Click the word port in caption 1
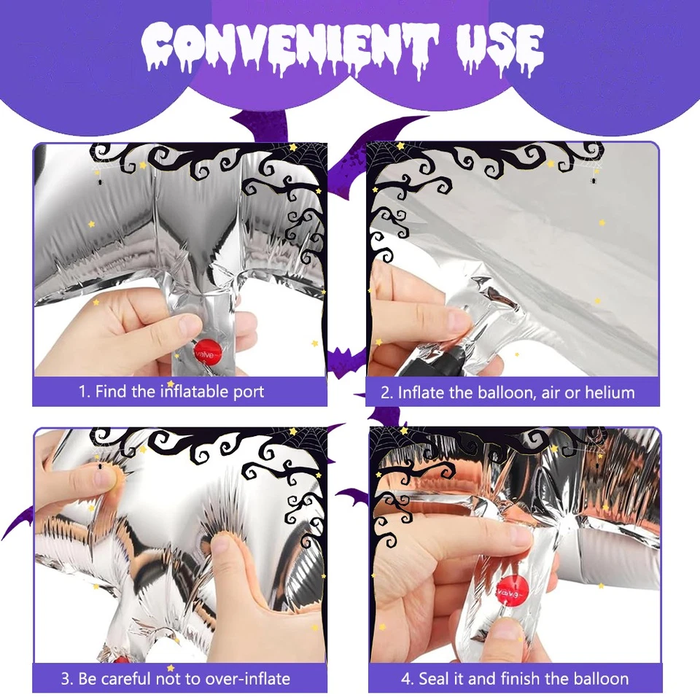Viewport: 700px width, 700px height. pyautogui.click(x=244, y=392)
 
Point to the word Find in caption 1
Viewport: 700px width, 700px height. pyautogui.click(x=112, y=392)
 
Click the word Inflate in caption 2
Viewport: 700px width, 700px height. pyautogui.click(x=421, y=392)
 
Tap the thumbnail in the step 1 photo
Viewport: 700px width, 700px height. pyautogui.click(x=191, y=324)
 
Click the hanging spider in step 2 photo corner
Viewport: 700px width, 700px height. pyautogui.click(x=595, y=176)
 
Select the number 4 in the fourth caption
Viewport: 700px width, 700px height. pyautogui.click(x=406, y=679)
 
